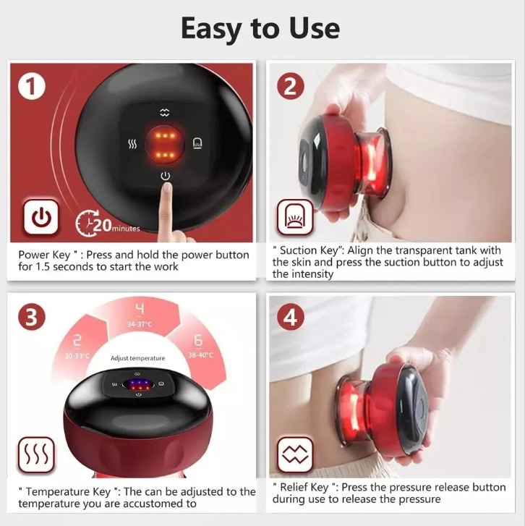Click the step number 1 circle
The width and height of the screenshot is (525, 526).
point(32,87)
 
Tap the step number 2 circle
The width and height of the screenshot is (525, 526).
point(291,86)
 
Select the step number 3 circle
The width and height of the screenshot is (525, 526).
point(32,317)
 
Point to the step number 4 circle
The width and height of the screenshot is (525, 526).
point(291,317)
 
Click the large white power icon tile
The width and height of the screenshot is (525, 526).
point(41,217)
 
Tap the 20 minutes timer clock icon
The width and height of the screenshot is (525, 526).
point(87,223)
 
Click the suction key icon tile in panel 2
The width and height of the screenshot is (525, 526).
point(295,217)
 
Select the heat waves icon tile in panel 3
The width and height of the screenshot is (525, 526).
point(36,455)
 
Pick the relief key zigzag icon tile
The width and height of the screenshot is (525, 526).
point(295,455)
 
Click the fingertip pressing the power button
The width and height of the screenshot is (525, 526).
point(166,189)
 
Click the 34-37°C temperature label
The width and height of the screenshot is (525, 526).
point(140,324)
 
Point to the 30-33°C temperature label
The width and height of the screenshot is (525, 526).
point(77,356)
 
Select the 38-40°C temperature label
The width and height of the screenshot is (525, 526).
point(200,355)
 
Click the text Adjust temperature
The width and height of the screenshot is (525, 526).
point(138,358)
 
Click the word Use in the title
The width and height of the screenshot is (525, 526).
point(314,28)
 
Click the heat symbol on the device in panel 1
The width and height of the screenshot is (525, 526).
point(133,144)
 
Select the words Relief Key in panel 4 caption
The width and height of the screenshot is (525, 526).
point(305,487)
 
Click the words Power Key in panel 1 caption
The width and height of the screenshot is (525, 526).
point(44,255)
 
